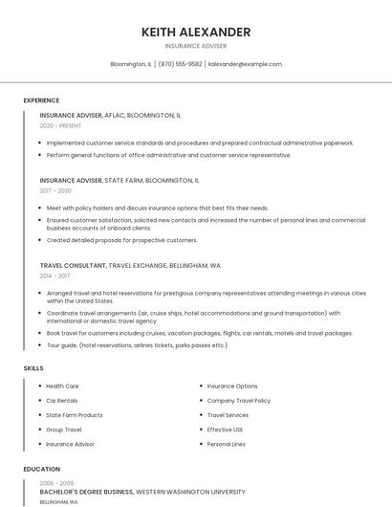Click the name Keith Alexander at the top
coord(196,32)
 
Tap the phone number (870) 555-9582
coord(180,64)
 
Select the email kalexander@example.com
coord(245,64)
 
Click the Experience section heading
coord(41,100)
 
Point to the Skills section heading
coord(33,368)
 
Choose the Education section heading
coord(41,470)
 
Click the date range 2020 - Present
coord(61,126)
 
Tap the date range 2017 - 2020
coord(55,190)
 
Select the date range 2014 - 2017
coord(55,276)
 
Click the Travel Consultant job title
coord(73,265)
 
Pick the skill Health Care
coord(62,386)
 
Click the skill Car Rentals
coord(62,401)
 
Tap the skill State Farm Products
coord(75,415)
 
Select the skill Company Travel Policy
coord(238,401)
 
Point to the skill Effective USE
coord(226,430)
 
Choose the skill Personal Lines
coord(226,444)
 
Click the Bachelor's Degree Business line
coord(86,492)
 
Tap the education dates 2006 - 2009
coord(55,483)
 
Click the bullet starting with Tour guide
coord(137,345)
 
